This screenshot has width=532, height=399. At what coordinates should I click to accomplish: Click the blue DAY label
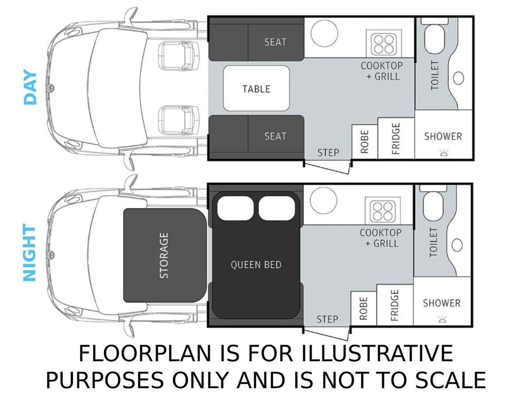tap(30, 87)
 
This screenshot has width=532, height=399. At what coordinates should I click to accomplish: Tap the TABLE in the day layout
tap(256, 88)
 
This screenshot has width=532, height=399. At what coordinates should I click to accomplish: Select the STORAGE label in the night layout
tap(164, 255)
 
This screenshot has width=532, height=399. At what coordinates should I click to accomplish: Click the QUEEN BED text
tap(256, 265)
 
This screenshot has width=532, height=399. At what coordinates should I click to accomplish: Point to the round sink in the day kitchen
tap(324, 33)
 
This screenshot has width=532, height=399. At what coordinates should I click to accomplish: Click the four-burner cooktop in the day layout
tap(383, 43)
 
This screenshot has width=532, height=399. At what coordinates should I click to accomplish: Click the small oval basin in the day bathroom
tap(458, 78)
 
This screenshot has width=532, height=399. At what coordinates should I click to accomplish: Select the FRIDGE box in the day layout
tap(396, 138)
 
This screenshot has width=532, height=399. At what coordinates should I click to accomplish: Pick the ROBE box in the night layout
tap(364, 309)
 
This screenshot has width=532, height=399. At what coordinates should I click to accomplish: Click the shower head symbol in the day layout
tap(443, 153)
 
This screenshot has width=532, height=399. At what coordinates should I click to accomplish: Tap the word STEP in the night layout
tap(327, 319)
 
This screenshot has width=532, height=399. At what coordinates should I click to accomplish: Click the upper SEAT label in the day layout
tap(275, 42)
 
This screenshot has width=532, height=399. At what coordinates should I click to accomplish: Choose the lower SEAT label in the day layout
tap(275, 136)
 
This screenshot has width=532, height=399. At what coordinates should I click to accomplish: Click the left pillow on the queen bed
tap(235, 208)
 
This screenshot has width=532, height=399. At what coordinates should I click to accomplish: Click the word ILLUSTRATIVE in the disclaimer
tap(377, 353)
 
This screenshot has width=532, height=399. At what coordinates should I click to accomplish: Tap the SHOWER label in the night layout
tap(442, 303)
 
